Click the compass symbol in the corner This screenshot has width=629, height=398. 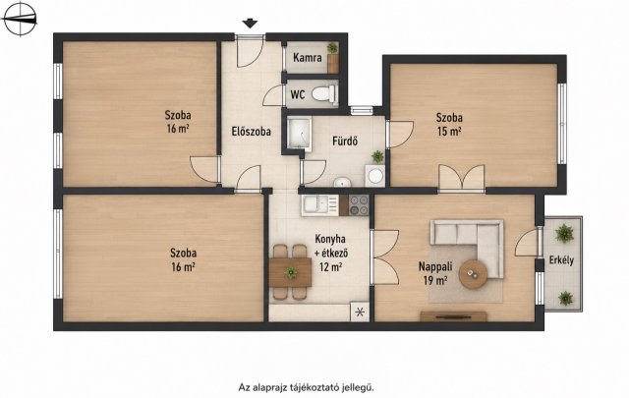click(x=19, y=19)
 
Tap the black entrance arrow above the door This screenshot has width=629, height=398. click(x=250, y=24)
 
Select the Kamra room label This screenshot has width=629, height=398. click(x=308, y=58)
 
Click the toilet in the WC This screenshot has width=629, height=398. click(x=324, y=94)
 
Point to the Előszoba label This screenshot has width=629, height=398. click(x=252, y=132)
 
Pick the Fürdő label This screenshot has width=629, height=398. click(x=345, y=142)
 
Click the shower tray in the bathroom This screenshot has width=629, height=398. click(x=299, y=134)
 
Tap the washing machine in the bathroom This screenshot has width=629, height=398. click(x=375, y=176)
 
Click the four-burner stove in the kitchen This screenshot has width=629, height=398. click(x=359, y=205)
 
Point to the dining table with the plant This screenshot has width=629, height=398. click(x=290, y=272)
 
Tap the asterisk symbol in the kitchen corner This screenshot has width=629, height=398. click(x=360, y=312)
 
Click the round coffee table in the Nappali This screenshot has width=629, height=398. click(x=473, y=274)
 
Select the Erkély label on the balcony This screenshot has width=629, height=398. click(x=561, y=260)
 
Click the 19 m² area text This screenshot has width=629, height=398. click(x=435, y=280)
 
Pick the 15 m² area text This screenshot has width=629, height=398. click(x=449, y=132)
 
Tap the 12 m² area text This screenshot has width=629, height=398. click(x=331, y=266)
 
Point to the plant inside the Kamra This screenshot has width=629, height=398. click(x=332, y=48)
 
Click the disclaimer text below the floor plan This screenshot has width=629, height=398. click(x=306, y=387)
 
